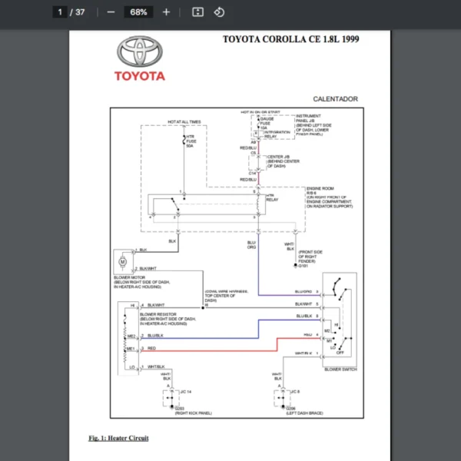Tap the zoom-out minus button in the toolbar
tap(111, 12)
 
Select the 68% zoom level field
tap(139, 12)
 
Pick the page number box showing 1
tap(60, 12)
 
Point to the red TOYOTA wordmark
tap(140, 76)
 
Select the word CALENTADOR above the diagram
tap(335, 99)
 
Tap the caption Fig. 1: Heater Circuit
tap(118, 438)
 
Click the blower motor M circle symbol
tap(122, 261)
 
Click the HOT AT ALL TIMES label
tap(184, 121)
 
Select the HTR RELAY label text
tap(270, 197)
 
